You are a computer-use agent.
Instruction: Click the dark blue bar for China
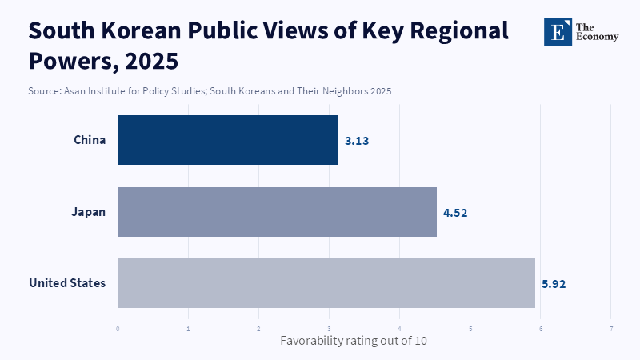tap(228, 140)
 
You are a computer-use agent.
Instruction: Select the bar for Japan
tap(277, 212)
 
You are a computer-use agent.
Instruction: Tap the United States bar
tap(326, 283)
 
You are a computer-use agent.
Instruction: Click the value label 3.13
tap(357, 141)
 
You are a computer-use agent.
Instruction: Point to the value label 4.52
tap(455, 213)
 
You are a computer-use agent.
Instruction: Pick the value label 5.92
tap(554, 284)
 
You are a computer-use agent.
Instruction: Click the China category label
tap(90, 140)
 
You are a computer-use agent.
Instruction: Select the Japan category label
tap(89, 212)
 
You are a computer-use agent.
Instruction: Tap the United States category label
tap(67, 283)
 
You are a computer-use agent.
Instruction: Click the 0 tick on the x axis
tap(118, 328)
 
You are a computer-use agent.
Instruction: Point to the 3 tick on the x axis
tap(330, 328)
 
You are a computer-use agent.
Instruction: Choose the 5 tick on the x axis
tap(470, 328)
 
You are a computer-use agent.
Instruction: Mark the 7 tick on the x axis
tap(611, 328)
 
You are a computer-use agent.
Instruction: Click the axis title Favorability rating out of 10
tap(353, 341)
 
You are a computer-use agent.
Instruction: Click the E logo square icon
tap(558, 31)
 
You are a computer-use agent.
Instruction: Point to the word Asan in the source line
tap(78, 91)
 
